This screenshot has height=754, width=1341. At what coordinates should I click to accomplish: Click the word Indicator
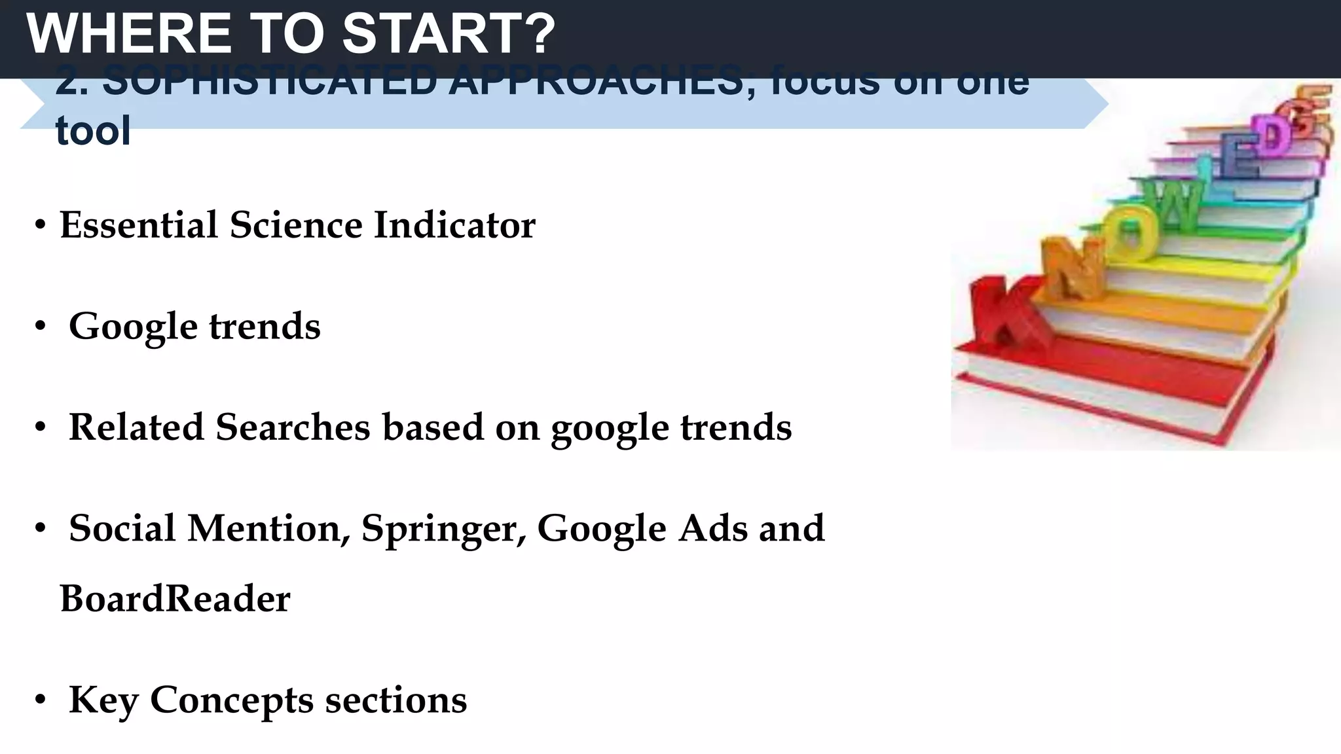pyautogui.click(x=454, y=225)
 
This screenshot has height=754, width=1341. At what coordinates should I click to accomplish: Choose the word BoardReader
pyautogui.click(x=175, y=599)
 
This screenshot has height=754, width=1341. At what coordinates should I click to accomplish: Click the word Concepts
pyautogui.click(x=232, y=701)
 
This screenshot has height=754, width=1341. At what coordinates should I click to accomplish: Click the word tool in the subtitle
pyautogui.click(x=93, y=131)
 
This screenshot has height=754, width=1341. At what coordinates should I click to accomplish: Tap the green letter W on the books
pyautogui.click(x=1175, y=206)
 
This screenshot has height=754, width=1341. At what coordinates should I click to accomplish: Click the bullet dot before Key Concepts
pyautogui.click(x=41, y=701)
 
